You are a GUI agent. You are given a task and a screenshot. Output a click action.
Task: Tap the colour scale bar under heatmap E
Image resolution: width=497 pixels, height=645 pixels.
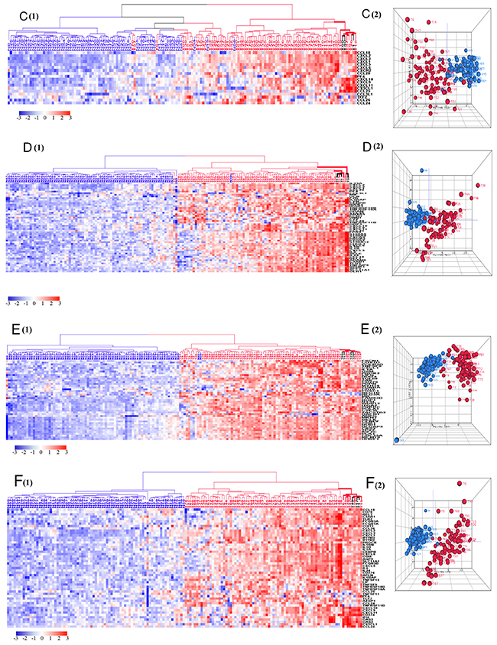(40, 449)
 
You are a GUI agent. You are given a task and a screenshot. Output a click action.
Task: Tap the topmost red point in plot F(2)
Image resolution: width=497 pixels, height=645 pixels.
(460, 485)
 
